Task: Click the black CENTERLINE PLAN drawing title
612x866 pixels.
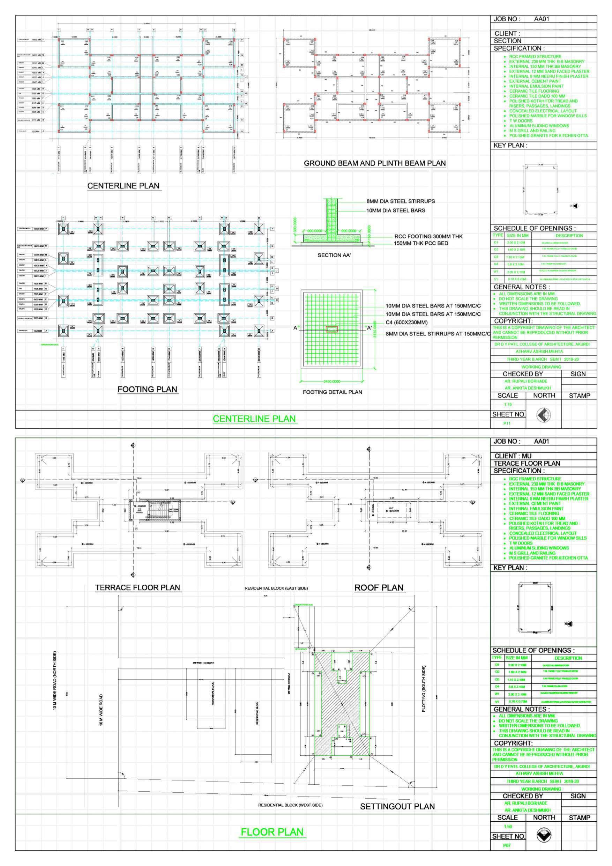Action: click(x=123, y=186)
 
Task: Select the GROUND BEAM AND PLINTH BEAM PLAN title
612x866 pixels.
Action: click(x=374, y=163)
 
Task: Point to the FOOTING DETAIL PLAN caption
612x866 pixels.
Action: click(x=332, y=392)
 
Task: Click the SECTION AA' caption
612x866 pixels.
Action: click(x=335, y=256)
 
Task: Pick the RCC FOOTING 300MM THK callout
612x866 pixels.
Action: click(x=428, y=237)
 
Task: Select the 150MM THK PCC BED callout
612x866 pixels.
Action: click(x=421, y=243)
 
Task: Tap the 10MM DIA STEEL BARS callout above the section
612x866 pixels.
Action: click(x=396, y=210)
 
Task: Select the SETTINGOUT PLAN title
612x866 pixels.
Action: click(x=397, y=806)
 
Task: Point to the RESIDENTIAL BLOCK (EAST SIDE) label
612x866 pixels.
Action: click(x=276, y=588)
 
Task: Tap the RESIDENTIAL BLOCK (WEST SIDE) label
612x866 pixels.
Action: click(x=290, y=805)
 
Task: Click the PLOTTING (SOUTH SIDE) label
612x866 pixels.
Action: click(x=424, y=689)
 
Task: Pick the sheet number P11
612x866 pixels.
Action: click(x=507, y=423)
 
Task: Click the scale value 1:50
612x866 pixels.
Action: click(x=508, y=827)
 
